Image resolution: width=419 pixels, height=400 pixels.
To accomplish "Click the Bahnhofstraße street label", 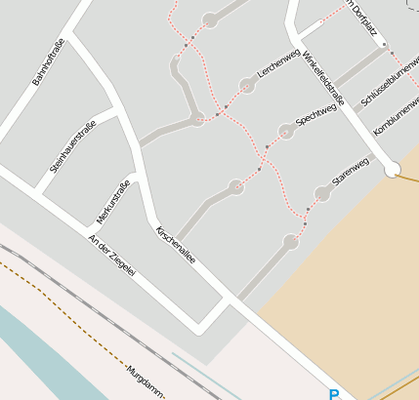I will (48, 62).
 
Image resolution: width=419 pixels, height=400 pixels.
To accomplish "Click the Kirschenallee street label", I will (176, 245).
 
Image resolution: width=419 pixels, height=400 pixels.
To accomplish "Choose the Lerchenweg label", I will (277, 61).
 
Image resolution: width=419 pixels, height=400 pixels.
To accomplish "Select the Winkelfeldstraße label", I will (323, 77).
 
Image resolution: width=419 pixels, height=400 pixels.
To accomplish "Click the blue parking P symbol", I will (334, 394).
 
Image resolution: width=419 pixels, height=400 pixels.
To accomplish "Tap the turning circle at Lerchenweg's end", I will (247, 86).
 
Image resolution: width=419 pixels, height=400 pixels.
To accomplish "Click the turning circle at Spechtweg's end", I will (285, 131).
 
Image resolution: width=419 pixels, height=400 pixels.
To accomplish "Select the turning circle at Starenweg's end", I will (322, 194).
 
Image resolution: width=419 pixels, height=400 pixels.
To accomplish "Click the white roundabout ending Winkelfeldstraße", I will (393, 170).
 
